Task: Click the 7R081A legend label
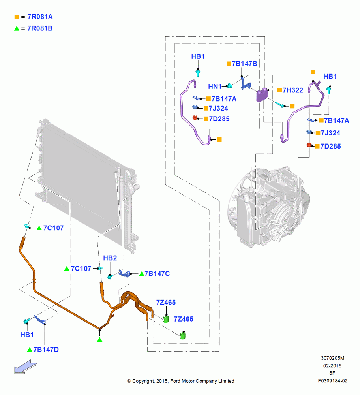tap(40, 17)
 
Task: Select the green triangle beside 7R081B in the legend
tap(17, 28)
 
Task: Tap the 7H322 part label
tap(292, 90)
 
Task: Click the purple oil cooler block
tap(262, 95)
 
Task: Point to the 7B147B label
tap(244, 64)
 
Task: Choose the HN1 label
tap(215, 87)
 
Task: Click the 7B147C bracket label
tap(157, 274)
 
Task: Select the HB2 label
tap(110, 258)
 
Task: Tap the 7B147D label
tap(46, 350)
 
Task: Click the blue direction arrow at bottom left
tap(25, 367)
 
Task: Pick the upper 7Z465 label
tap(166, 302)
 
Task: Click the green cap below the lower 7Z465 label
tap(183, 335)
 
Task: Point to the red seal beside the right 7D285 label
tap(309, 145)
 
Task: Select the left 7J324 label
tap(218, 108)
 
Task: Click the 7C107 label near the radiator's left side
tap(53, 228)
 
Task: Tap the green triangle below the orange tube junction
tap(100, 340)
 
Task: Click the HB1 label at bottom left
tap(27, 335)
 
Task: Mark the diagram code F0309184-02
tap(332, 381)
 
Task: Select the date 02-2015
tap(332, 365)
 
